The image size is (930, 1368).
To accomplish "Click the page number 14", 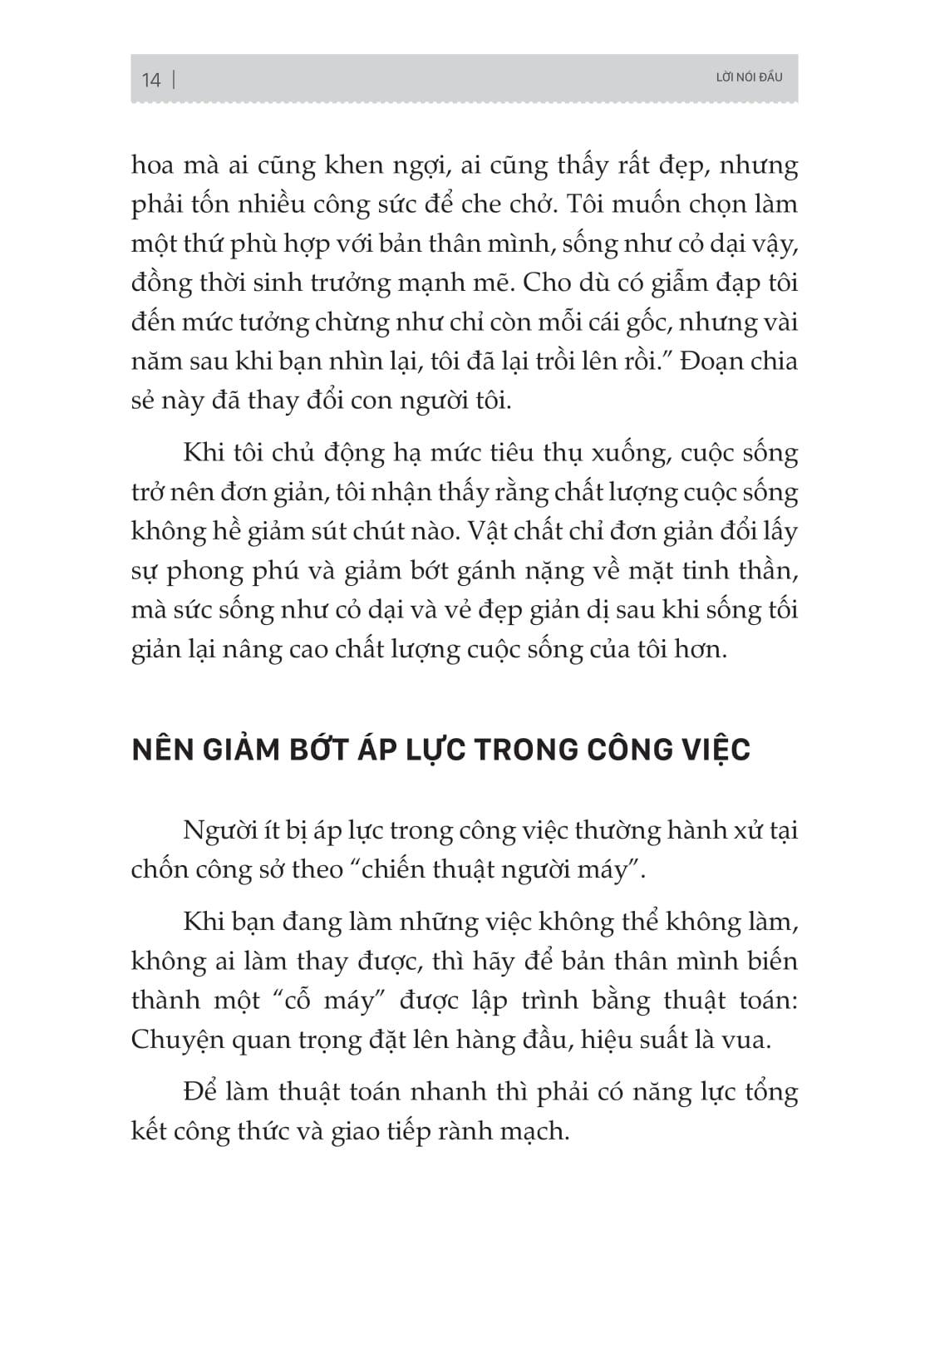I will (150, 80).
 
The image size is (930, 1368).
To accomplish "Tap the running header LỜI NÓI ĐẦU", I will (749, 77).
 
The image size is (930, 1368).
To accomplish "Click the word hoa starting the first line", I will (152, 165).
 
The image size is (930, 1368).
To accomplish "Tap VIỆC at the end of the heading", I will (714, 750).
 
